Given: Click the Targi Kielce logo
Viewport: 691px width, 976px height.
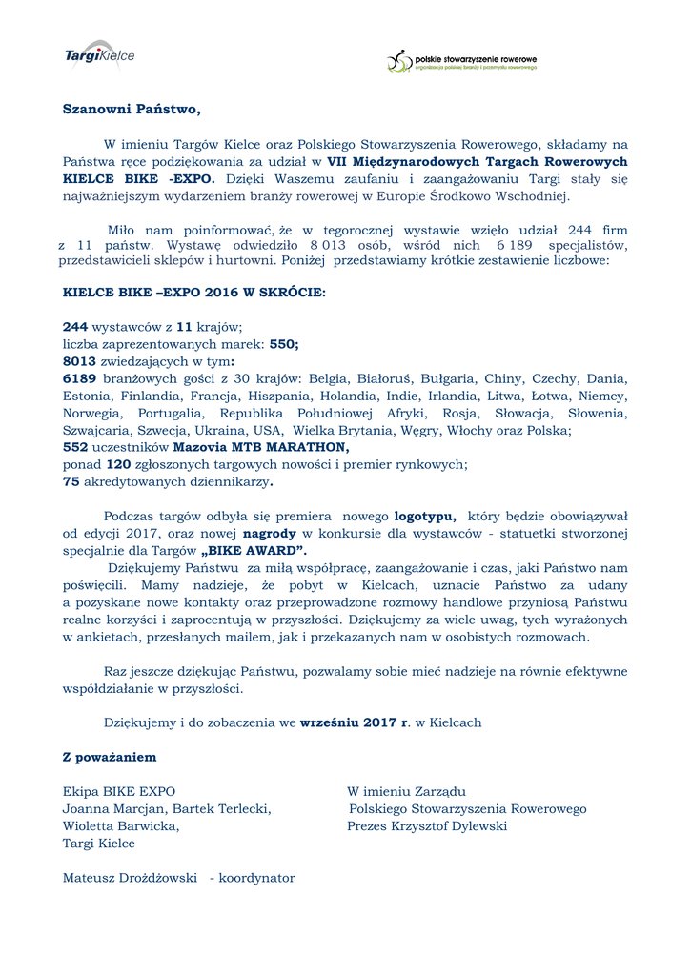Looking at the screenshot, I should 99,55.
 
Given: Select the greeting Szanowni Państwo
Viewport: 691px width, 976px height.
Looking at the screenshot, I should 132,109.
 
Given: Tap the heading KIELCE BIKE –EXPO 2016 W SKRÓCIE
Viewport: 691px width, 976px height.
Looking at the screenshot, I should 193,293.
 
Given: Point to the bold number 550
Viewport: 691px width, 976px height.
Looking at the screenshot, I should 284,343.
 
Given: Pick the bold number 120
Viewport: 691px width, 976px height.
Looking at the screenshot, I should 118,464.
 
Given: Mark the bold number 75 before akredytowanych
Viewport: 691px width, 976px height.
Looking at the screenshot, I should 71,481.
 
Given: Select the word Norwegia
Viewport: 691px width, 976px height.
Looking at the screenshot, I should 91,413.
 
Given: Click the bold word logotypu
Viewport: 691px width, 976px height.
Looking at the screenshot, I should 425,516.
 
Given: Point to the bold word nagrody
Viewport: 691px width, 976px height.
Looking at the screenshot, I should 270,533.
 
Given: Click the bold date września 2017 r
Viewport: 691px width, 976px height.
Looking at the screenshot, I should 354,722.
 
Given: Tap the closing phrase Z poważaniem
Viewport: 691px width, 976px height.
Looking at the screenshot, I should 110,757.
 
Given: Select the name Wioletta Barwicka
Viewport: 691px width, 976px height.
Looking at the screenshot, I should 120,825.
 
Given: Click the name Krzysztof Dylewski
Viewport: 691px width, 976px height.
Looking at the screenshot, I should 449,825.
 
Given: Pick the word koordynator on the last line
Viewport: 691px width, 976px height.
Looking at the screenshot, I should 256,877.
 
